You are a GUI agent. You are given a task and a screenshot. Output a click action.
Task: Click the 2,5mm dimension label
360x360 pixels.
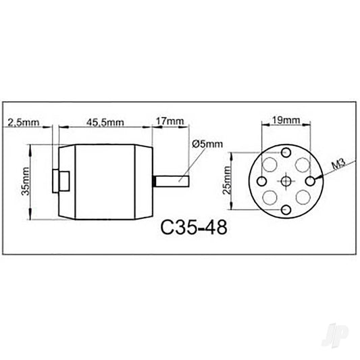tap(22, 122)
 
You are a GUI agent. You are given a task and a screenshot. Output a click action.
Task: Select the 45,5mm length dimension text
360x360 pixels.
tap(105, 122)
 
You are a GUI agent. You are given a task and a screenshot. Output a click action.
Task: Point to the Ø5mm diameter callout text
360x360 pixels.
tap(206, 144)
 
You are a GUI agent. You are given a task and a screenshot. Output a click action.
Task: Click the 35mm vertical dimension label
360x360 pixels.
tap(25, 182)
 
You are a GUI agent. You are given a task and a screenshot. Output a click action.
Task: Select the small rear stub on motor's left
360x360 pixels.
tap(61, 181)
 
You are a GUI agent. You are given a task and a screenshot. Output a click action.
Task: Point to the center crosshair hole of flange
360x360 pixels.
tap(286, 180)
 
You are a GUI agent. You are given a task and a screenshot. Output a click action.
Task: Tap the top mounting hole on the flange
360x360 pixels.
tap(286, 153)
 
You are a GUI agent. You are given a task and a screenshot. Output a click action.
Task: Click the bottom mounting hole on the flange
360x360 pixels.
tap(286, 209)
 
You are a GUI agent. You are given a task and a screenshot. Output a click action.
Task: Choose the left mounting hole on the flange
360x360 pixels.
tap(259, 180)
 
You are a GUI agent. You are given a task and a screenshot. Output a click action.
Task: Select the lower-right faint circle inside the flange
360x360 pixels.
tap(301, 196)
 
